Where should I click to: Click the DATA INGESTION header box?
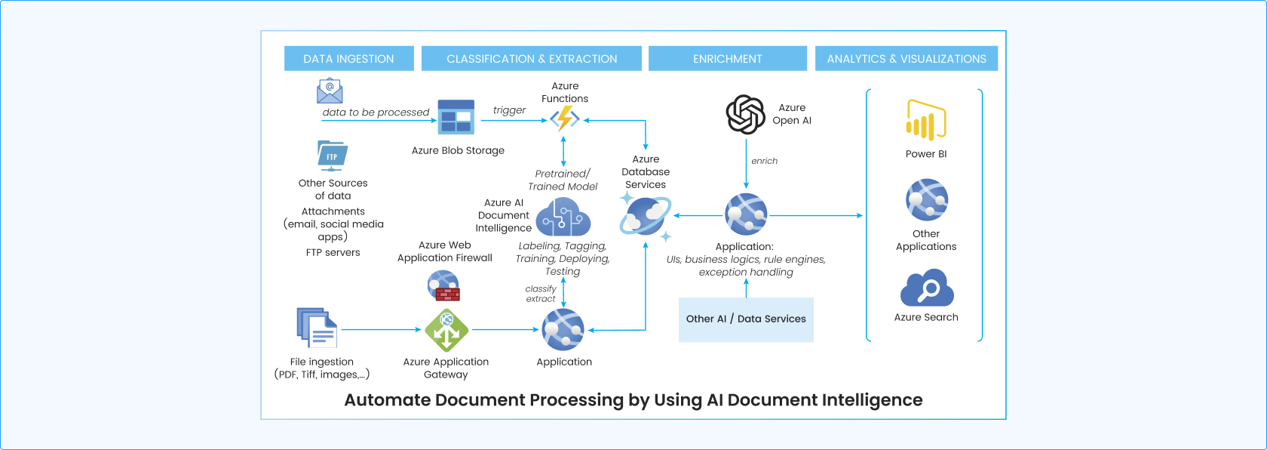[x=348, y=59]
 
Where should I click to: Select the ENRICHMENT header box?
[x=727, y=59]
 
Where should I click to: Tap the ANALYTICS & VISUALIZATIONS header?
[x=906, y=59]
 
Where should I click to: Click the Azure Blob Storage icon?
[x=456, y=117]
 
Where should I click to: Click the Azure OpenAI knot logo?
[x=745, y=115]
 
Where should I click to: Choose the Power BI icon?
[x=925, y=121]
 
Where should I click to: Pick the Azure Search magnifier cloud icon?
[x=927, y=288]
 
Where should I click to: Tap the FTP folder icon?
[x=332, y=155]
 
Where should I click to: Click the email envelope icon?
[x=330, y=91]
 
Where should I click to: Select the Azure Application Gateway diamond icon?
[x=446, y=330]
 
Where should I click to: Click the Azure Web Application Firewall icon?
[x=443, y=285]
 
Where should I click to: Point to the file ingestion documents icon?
[x=316, y=327]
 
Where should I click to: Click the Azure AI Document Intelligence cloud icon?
[x=563, y=217]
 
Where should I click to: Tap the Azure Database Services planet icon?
[x=645, y=217]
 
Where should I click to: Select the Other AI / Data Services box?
[x=746, y=319]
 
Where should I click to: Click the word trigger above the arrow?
[x=509, y=110]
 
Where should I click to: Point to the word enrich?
[x=764, y=161]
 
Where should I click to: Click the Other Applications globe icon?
[x=926, y=200]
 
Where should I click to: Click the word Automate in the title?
[x=387, y=400]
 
